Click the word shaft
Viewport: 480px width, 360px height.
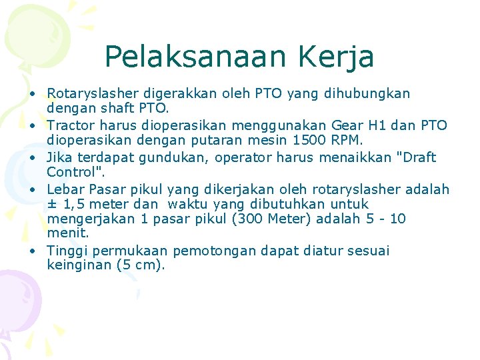(x=119, y=107)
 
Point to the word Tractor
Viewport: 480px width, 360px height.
(x=71, y=125)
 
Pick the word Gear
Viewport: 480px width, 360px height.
(x=365, y=125)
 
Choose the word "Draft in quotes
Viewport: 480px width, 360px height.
(x=414, y=157)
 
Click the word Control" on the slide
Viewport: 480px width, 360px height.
(x=73, y=171)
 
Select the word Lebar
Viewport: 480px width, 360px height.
(x=64, y=189)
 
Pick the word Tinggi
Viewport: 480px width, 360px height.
(x=67, y=251)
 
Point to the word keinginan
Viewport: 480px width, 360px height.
(x=79, y=265)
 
